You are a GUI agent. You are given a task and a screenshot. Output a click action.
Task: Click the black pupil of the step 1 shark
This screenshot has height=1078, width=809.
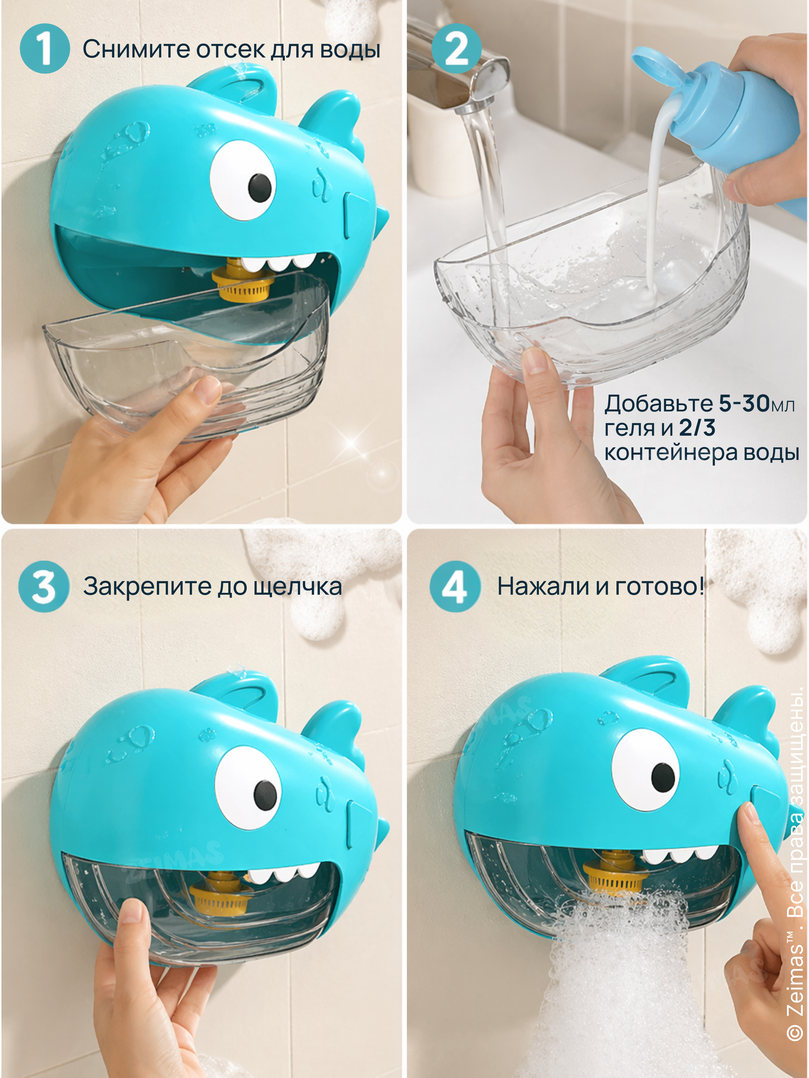coord(260,187)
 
